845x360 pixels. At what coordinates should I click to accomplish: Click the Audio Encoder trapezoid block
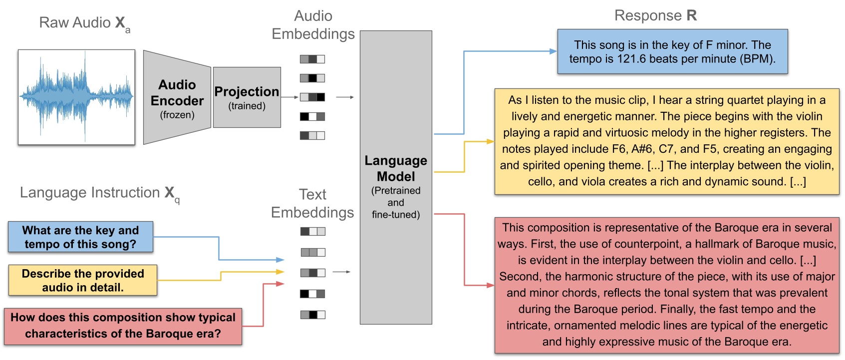tap(177, 98)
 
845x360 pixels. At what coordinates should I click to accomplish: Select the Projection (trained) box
tap(247, 97)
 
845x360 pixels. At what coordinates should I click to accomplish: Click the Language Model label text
tap(396, 169)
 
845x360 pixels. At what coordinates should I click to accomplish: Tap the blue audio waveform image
tap(76, 97)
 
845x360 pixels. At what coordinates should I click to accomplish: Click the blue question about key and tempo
tap(80, 237)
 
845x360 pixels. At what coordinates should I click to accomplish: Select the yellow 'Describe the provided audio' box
tap(83, 280)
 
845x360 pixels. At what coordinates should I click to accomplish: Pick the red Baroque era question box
tap(123, 326)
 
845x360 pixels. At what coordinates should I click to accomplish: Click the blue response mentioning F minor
tap(672, 52)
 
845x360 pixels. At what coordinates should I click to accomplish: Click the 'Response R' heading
tap(655, 15)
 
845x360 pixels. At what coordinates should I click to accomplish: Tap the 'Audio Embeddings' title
tap(313, 25)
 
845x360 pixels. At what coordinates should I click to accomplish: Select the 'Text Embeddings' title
tap(312, 203)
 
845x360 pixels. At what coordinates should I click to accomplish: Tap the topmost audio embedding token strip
tap(312, 59)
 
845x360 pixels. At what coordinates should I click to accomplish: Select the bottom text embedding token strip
tap(312, 315)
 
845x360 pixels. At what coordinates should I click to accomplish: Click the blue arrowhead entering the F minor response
tap(553, 51)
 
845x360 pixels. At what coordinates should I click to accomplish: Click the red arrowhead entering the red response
tap(491, 286)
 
